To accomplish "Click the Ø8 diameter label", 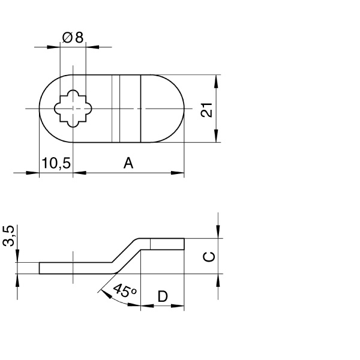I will [x=73, y=37].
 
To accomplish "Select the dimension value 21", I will [x=206, y=110].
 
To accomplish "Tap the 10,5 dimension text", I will [x=56, y=163].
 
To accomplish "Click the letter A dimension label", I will [x=128, y=163].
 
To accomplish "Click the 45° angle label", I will [x=124, y=292].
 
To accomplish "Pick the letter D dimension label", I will [x=163, y=296].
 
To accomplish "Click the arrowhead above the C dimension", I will [x=217, y=231].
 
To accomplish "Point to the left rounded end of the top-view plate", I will [x=46, y=109].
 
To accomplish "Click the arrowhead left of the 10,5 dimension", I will [x=33, y=173].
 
